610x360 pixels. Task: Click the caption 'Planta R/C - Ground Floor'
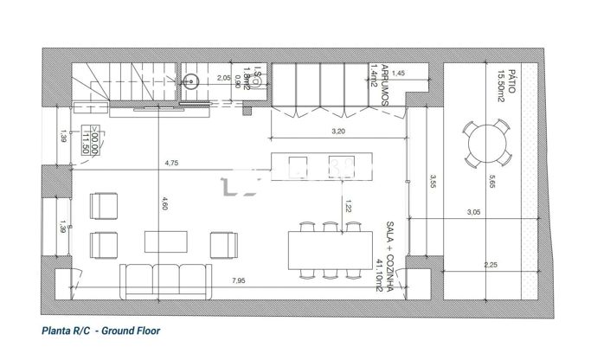(x=101, y=331)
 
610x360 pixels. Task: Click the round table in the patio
(x=486, y=144)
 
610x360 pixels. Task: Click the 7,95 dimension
(x=237, y=280)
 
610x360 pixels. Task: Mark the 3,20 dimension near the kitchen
(x=338, y=132)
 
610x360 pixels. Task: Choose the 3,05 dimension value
(x=473, y=212)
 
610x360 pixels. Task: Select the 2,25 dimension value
(x=490, y=265)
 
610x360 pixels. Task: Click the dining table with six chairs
(x=330, y=250)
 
